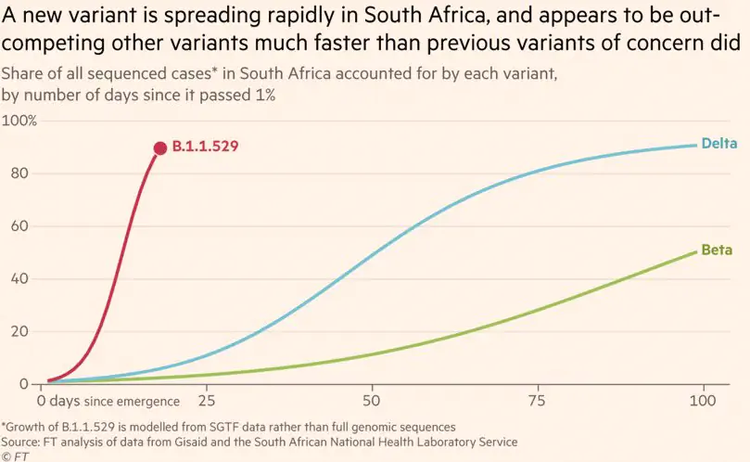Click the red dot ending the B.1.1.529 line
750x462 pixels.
160,148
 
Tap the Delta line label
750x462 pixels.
719,143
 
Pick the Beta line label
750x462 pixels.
717,250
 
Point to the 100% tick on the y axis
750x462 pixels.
19,121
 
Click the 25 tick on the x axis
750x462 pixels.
206,401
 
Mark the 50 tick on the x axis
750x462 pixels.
372,401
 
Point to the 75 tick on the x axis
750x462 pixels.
538,401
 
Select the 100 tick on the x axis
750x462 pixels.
704,401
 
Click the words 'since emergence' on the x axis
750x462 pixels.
132,402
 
